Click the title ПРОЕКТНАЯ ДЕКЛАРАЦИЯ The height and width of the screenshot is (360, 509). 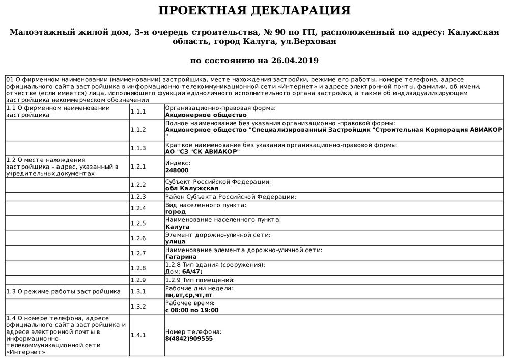[x=254, y=11]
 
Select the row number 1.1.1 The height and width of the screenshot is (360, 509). [x=138, y=112]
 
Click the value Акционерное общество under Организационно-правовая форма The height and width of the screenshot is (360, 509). [x=199, y=115]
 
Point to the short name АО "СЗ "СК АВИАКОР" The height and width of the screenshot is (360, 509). [x=203, y=152]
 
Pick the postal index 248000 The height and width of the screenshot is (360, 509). [x=177, y=170]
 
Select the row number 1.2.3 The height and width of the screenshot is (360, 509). [x=138, y=197]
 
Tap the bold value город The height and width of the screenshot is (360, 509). [x=176, y=211]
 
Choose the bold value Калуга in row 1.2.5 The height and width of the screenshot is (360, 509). [x=178, y=227]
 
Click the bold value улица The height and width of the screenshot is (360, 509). [x=176, y=242]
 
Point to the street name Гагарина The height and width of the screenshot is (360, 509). [x=181, y=257]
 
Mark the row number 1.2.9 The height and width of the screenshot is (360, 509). [x=138, y=280]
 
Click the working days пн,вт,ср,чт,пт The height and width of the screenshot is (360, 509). [x=189, y=295]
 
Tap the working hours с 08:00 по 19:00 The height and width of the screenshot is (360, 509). [x=192, y=310]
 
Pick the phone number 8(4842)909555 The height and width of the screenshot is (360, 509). [x=189, y=339]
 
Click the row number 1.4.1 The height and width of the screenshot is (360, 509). [x=138, y=335]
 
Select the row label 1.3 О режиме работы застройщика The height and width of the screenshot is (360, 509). [x=63, y=291]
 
